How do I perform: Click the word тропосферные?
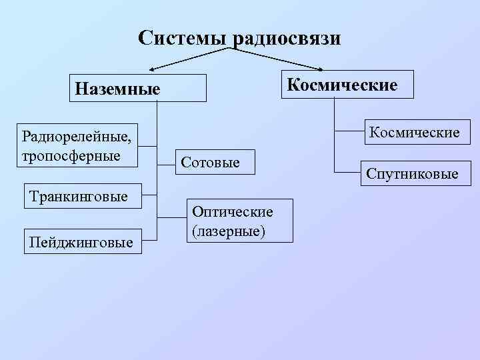[x=71, y=155]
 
